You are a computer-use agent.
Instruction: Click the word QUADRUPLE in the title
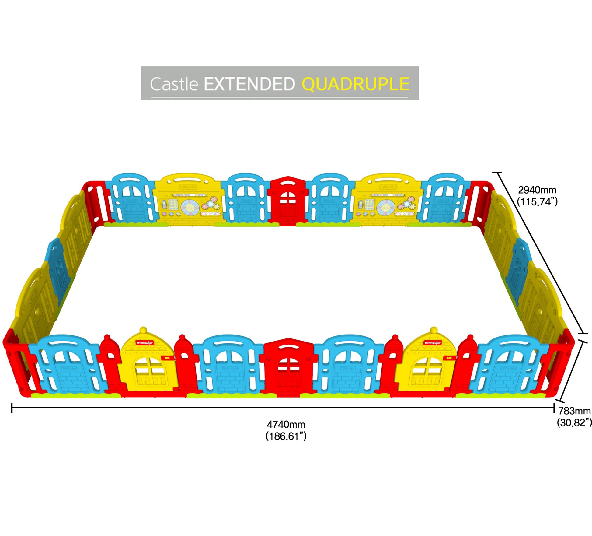[x=355, y=84]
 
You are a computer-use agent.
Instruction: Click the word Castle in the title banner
[x=174, y=84]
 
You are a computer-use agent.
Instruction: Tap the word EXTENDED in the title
[x=249, y=84]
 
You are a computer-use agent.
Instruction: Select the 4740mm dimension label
[x=286, y=424]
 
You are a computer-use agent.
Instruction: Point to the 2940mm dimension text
[x=537, y=190]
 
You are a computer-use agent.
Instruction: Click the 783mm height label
[x=574, y=411]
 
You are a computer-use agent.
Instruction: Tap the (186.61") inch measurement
[x=286, y=436]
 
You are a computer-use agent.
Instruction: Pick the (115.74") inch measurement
[x=537, y=201]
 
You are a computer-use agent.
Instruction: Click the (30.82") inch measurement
[x=574, y=422]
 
